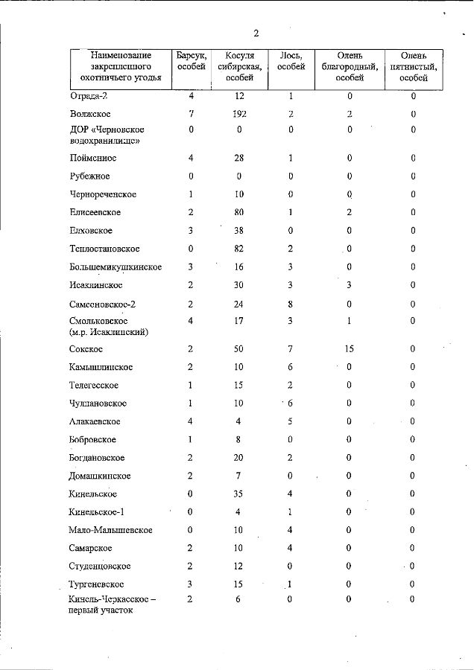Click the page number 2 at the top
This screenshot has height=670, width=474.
click(256, 33)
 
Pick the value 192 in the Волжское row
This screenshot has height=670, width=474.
click(239, 115)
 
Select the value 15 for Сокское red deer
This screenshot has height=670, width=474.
click(349, 349)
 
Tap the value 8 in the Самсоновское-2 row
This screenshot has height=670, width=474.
click(291, 304)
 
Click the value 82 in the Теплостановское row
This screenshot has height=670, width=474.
click(239, 249)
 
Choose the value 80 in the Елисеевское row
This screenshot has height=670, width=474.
click(239, 213)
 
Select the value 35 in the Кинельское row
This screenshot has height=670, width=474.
click(239, 494)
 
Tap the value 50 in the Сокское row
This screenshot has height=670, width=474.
click(239, 349)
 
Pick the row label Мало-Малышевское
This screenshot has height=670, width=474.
click(111, 530)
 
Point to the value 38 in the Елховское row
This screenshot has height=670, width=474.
click(239, 231)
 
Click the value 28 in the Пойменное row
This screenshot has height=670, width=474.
click(239, 158)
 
